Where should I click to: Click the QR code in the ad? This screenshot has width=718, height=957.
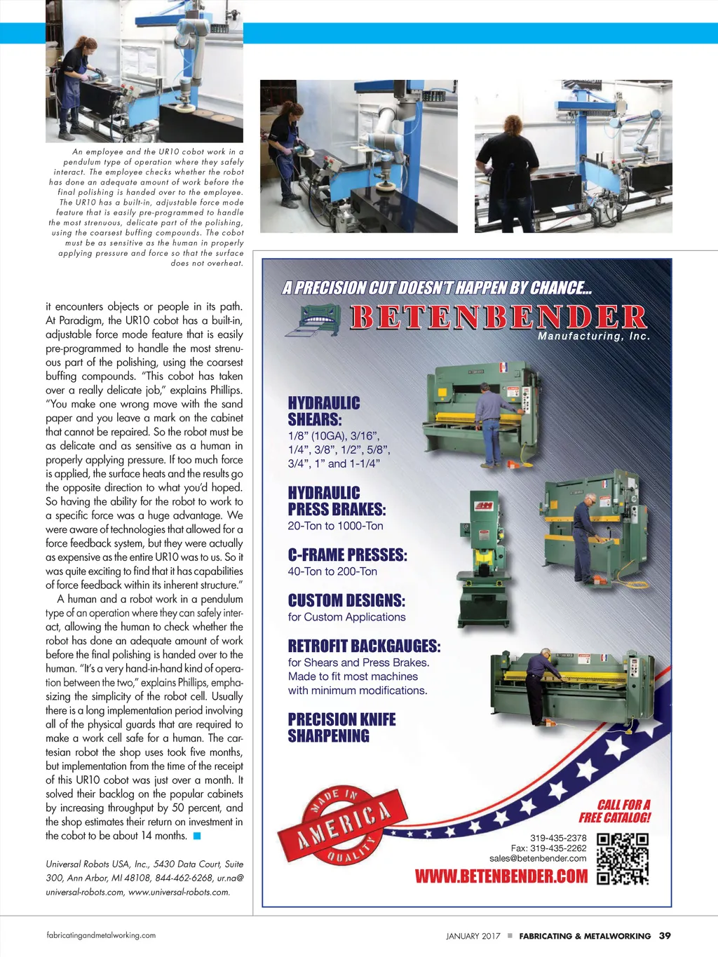pos(623,858)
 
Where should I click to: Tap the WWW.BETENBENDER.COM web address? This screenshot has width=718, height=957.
pos(501,876)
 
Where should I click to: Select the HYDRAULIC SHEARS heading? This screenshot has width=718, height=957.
pos(324,412)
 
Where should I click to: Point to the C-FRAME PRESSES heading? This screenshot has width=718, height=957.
pos(347,555)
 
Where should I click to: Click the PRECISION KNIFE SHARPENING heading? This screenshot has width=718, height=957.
pos(341,728)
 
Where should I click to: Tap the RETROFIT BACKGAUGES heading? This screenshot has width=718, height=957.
pos(364,646)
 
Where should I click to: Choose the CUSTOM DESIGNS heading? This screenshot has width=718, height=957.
pos(346,600)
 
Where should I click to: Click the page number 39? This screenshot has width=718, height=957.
pos(665,935)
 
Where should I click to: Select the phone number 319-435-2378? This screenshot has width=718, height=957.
pos(558,838)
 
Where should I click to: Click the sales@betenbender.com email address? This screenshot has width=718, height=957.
pos(538,858)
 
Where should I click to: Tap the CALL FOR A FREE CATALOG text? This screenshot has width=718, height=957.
pos(615,811)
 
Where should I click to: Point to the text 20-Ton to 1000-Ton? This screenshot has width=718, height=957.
pos(335,526)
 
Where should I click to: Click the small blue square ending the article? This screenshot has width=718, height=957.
pos(197,836)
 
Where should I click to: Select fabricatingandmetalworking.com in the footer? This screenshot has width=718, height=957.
pos(101,935)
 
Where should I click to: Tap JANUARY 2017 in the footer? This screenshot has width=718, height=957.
pos(473,936)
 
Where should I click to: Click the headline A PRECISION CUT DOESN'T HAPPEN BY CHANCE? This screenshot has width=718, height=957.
pos(438,288)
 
